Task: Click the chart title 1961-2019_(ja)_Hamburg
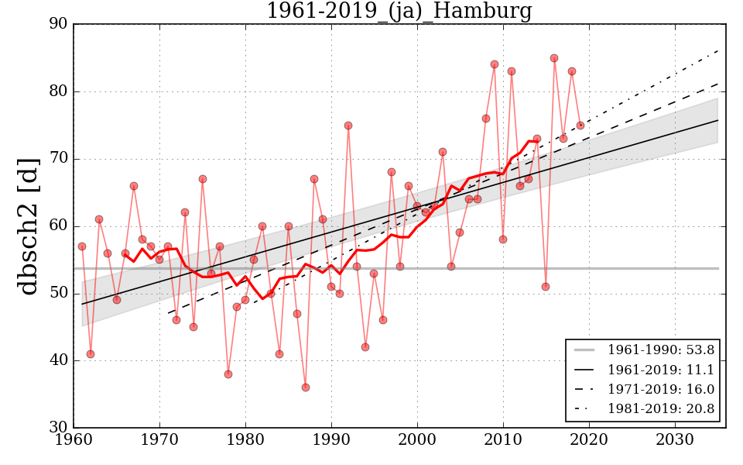point(399,12)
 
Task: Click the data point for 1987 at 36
point(306,387)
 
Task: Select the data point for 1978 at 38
point(228,374)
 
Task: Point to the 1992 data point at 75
point(348,126)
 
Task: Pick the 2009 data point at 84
point(495,64)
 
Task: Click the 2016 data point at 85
point(554,58)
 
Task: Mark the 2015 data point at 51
point(546,287)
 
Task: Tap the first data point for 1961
point(82,246)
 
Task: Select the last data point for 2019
point(580,126)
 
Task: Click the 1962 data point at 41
point(91,353)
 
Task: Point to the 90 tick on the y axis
point(59,24)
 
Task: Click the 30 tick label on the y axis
point(59,428)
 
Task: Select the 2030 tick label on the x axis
point(675,441)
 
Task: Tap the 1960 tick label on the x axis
point(74,441)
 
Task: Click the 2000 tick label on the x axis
point(418,441)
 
